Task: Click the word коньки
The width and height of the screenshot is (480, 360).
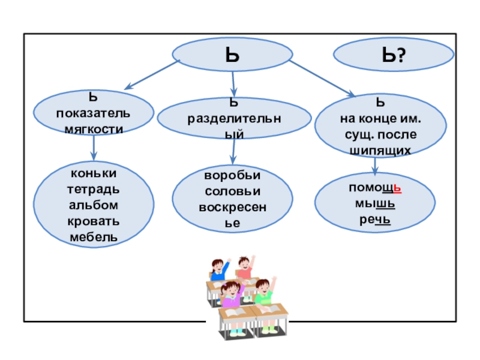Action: pyautogui.click(x=93, y=173)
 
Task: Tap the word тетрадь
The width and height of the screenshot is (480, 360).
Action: pyautogui.click(x=93, y=190)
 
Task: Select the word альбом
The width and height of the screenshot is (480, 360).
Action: pyautogui.click(x=93, y=205)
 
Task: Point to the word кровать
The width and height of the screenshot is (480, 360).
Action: pyautogui.click(x=93, y=221)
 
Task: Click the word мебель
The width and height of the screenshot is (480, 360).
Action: pyautogui.click(x=93, y=237)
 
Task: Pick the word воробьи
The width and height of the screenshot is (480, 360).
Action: pyautogui.click(x=232, y=178)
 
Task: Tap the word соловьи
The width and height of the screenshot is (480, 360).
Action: pyautogui.click(x=232, y=193)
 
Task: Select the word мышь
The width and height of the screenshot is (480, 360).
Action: pyautogui.click(x=375, y=203)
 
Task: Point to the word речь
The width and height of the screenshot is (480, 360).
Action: pyautogui.click(x=375, y=220)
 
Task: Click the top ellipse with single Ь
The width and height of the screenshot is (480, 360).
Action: pyautogui.click(x=233, y=56)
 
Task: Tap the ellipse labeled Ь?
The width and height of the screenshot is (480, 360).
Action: pyautogui.click(x=394, y=57)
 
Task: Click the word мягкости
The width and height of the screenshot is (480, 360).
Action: pyautogui.click(x=94, y=128)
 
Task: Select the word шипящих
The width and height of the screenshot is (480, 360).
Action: pyautogui.click(x=380, y=149)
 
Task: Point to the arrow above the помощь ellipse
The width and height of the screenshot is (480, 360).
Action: pyautogui.click(x=374, y=166)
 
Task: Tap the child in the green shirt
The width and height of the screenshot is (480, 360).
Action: pyautogui.click(x=263, y=293)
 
